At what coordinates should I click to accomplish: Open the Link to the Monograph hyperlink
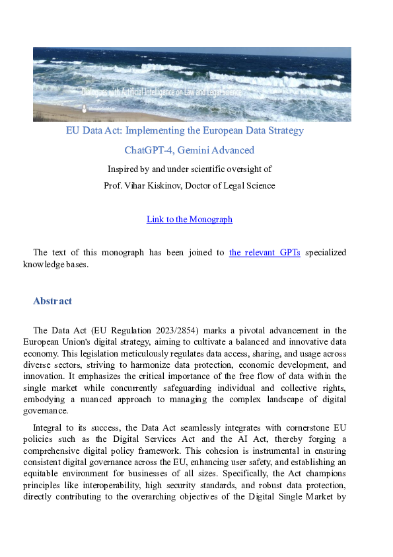(x=190, y=219)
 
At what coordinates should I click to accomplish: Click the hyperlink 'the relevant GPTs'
(x=264, y=252)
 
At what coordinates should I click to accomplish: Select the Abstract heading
(x=52, y=301)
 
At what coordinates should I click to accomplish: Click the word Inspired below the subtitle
(x=125, y=169)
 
